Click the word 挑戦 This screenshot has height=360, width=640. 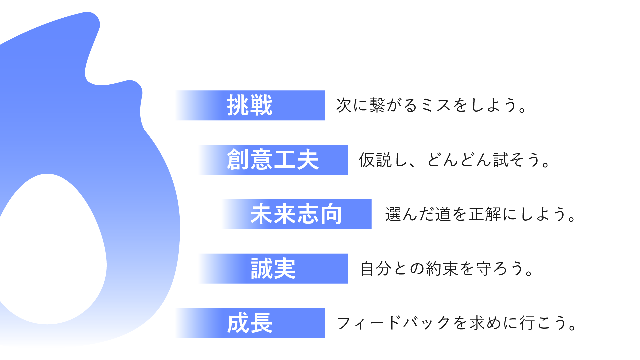tap(250, 105)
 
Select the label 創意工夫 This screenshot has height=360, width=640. tap(273, 160)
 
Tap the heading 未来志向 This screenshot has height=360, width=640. tap(296, 214)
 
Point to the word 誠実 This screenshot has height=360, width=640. tap(273, 269)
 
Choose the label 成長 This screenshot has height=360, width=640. tap(250, 323)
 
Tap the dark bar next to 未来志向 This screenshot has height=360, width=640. tap(513, 215)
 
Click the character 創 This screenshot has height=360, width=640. tap(238, 160)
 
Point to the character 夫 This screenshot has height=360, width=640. tap(308, 160)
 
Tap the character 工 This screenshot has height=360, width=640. tap(284, 160)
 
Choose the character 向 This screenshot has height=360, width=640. tap(331, 214)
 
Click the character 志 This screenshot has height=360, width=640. tap(308, 214)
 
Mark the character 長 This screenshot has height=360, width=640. tap(261, 323)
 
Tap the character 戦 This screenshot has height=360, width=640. tap(261, 105)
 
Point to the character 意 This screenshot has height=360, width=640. tap(261, 160)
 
